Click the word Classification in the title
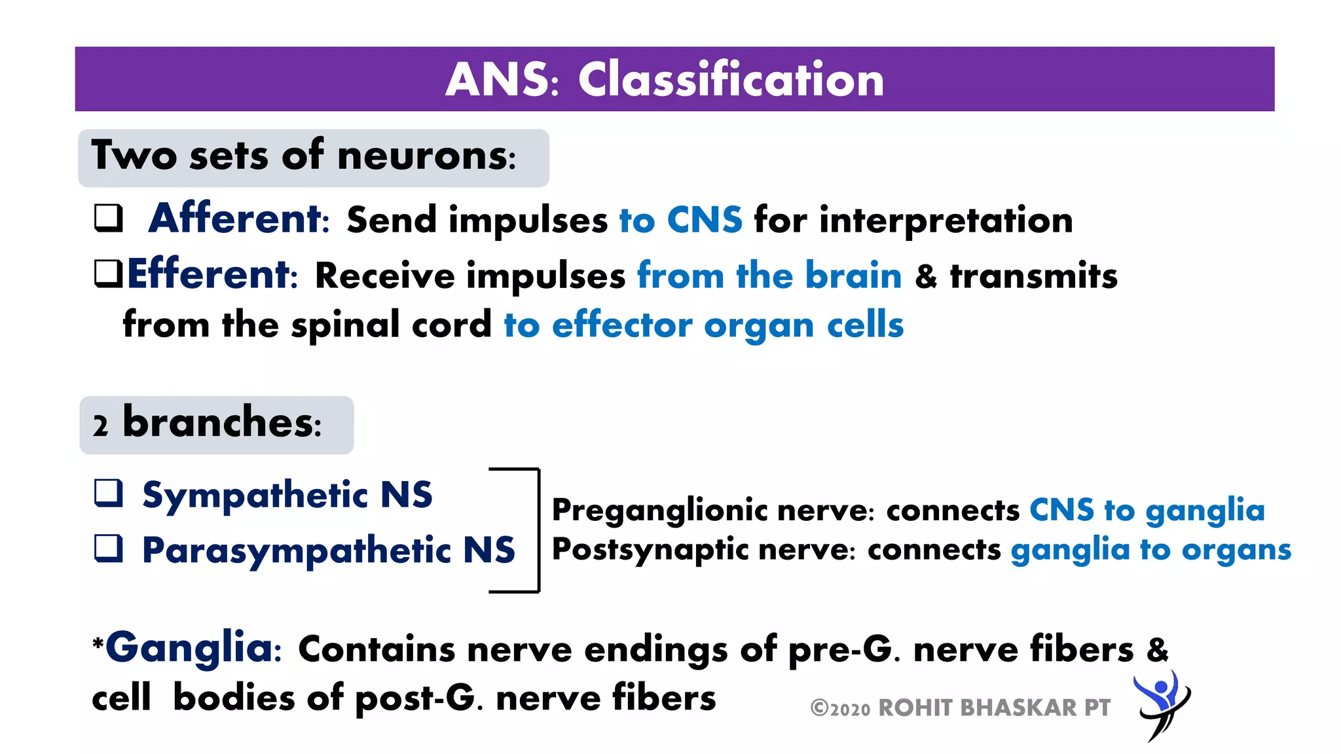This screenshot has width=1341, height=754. coord(731,79)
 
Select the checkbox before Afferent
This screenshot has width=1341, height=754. coord(108,218)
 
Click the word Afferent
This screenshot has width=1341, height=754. coord(236,219)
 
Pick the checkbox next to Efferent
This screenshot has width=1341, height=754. coord(108,274)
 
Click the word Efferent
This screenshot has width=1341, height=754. coord(208,274)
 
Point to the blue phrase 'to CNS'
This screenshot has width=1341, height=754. coord(680,220)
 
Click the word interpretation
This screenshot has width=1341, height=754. coord(946,220)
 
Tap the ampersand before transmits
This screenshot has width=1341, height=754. coord(926,276)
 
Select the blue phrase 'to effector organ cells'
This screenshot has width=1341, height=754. coord(703,325)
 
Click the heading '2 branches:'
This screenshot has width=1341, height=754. coord(208,424)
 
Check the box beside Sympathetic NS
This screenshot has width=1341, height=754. coord(108,494)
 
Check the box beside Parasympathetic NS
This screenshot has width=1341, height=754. coord(108,548)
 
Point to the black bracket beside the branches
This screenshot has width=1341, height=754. coord(537,530)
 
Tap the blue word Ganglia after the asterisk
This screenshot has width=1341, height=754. coord(189,647)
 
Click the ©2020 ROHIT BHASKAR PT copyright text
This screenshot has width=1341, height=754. coord(960,708)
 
